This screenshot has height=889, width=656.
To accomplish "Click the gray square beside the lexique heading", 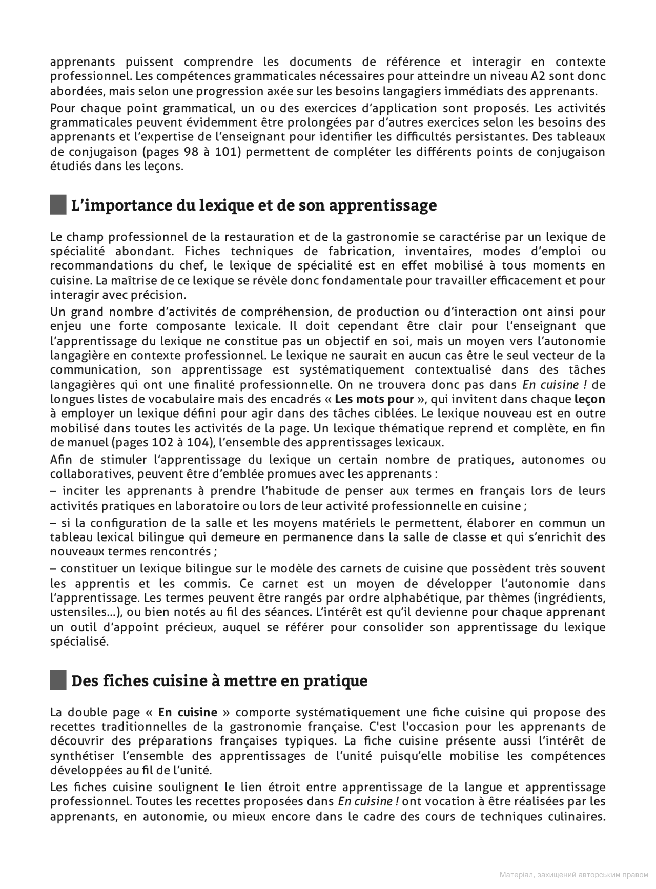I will (58, 205).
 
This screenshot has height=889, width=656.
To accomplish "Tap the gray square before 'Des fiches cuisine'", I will (58, 680).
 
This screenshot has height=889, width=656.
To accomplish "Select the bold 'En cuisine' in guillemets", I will (188, 712).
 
